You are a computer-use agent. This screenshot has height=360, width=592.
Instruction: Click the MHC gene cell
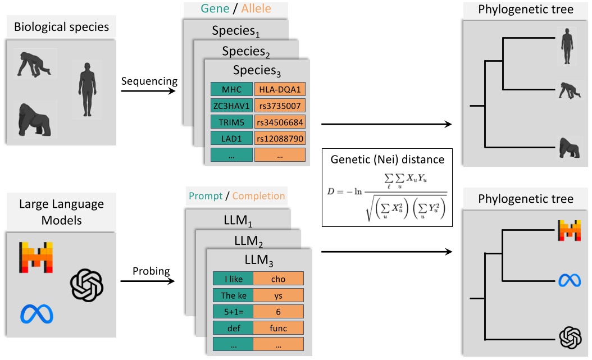tap(231, 89)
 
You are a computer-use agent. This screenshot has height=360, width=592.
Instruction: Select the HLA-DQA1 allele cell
tap(280, 89)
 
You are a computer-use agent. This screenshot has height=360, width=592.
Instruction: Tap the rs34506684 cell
tap(280, 122)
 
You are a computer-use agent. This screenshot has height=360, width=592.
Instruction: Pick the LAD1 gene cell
tap(231, 138)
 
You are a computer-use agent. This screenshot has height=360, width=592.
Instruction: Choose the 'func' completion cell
tap(279, 327)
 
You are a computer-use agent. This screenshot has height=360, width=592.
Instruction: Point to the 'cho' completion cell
tap(279, 279)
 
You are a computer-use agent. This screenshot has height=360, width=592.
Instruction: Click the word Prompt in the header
tap(206, 197)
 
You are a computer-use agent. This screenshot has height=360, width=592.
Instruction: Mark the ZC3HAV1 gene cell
tap(231, 106)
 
